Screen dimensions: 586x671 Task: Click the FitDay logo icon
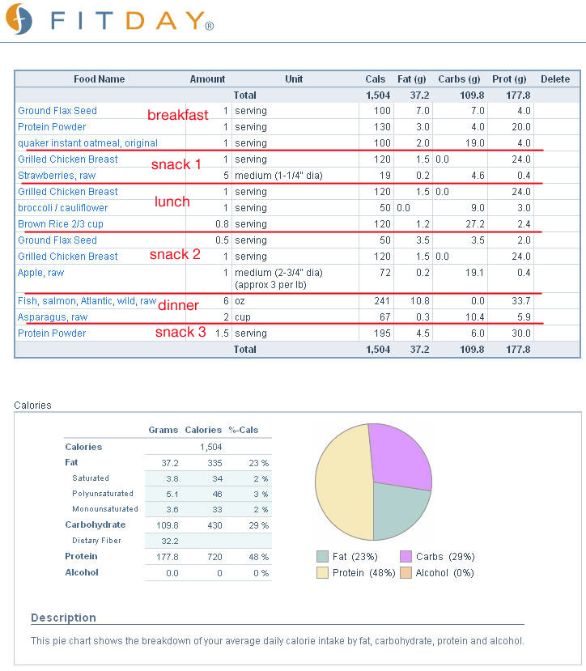click(x=19, y=19)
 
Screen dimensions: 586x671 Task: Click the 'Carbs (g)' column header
click(x=459, y=79)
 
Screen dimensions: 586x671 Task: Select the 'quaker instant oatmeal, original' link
click(x=87, y=143)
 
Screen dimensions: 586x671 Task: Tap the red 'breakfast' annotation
click(x=177, y=115)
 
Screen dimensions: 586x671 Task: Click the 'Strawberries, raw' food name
click(x=57, y=176)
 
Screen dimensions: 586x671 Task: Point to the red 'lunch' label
click(x=172, y=202)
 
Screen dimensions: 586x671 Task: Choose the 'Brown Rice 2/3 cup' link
click(x=61, y=224)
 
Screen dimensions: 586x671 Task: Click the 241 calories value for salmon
click(x=382, y=301)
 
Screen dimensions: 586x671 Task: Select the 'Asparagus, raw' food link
click(x=53, y=317)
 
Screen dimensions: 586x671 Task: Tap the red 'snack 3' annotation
click(x=180, y=332)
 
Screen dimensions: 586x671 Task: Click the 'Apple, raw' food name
click(x=41, y=273)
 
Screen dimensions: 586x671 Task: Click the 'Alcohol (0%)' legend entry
click(x=437, y=573)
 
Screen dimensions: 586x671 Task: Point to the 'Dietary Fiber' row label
click(x=97, y=541)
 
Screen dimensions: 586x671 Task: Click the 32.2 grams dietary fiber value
click(x=170, y=541)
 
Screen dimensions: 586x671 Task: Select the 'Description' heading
click(x=63, y=618)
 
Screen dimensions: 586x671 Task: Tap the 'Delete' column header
click(x=555, y=79)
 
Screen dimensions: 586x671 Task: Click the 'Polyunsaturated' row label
click(x=103, y=494)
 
